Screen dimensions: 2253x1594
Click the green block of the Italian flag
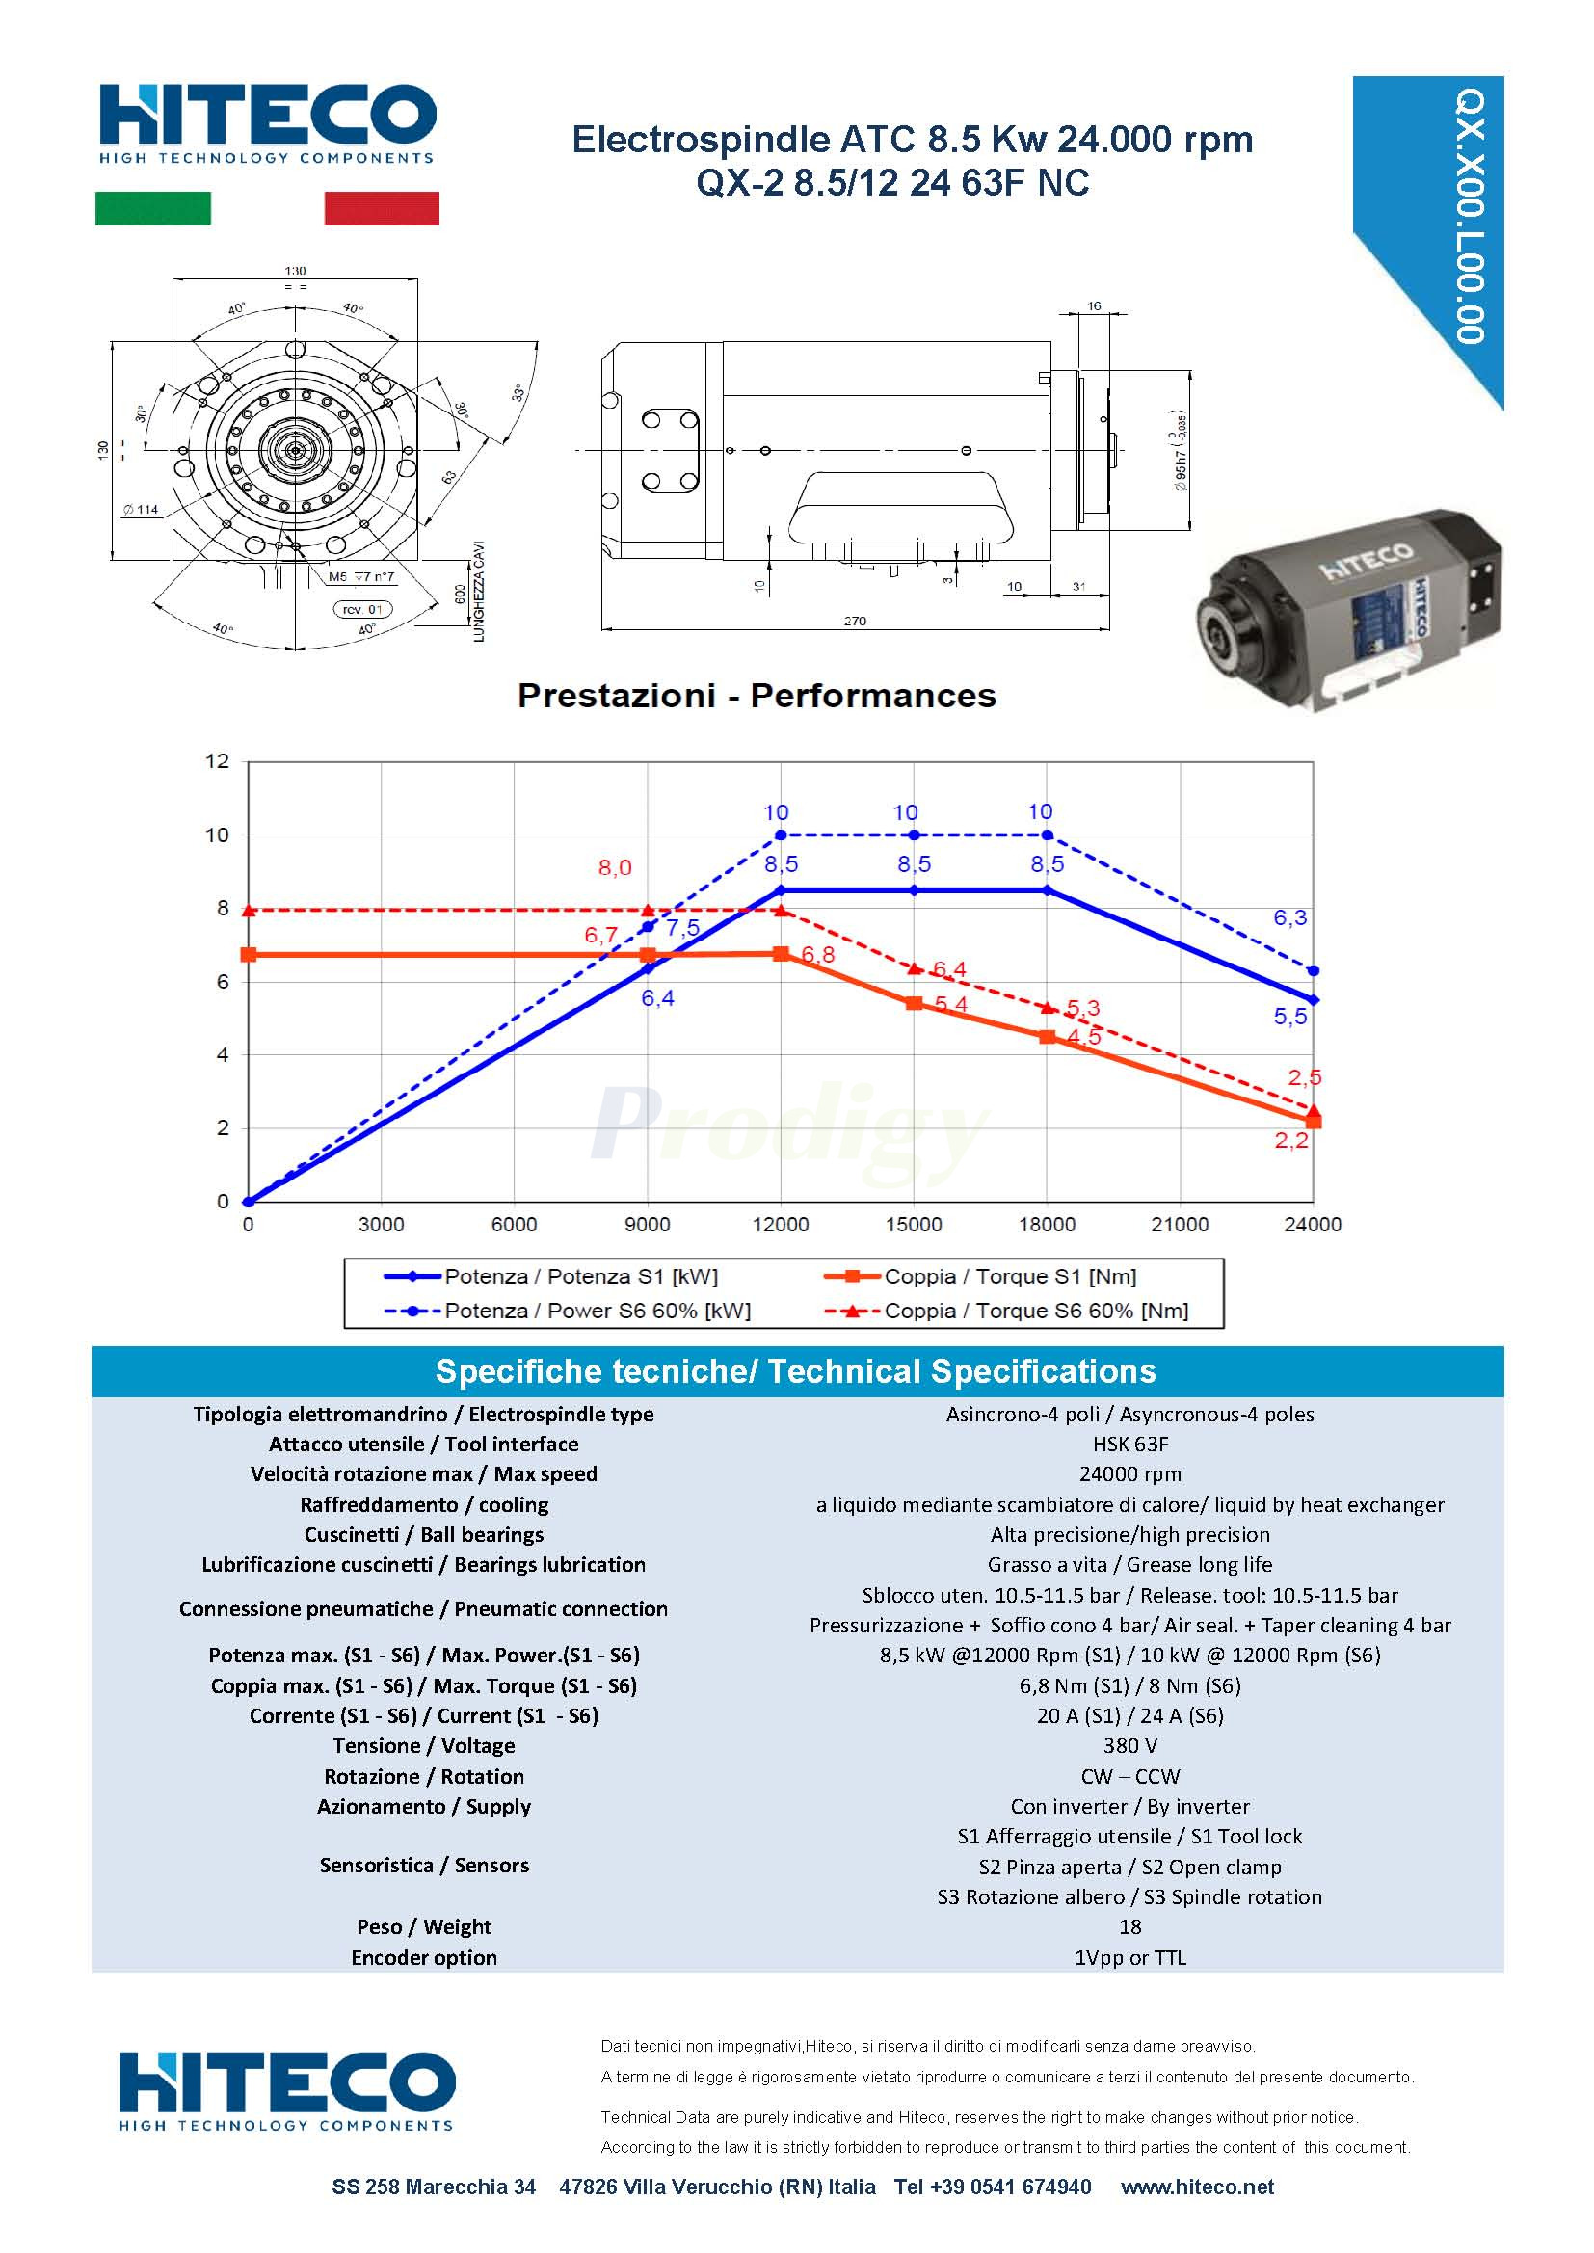point(152,208)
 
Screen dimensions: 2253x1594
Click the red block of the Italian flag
point(382,208)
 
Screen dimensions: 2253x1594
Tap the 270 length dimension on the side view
point(855,622)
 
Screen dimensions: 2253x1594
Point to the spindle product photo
point(1348,609)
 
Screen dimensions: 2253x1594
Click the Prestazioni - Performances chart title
point(756,696)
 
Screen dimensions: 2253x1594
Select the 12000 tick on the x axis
point(781,1224)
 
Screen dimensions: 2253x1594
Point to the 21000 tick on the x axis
point(1180,1224)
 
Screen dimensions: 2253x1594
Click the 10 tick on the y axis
point(217,835)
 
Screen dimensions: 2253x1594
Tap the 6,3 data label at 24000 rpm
point(1289,917)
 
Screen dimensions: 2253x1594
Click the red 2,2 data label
point(1290,1140)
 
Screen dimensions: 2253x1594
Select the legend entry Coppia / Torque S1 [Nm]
point(1009,1277)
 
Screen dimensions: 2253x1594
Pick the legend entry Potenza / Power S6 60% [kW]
point(597,1311)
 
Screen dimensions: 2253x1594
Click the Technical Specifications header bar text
point(795,1371)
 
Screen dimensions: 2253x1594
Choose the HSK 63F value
point(1129,1445)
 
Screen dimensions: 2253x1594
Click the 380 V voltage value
point(1129,1746)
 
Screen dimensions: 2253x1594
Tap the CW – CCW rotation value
point(1129,1776)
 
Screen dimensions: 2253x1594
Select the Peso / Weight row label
point(424,1926)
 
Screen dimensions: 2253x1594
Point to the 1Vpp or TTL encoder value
point(1129,1957)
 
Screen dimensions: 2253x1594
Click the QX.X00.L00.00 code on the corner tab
point(1470,216)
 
